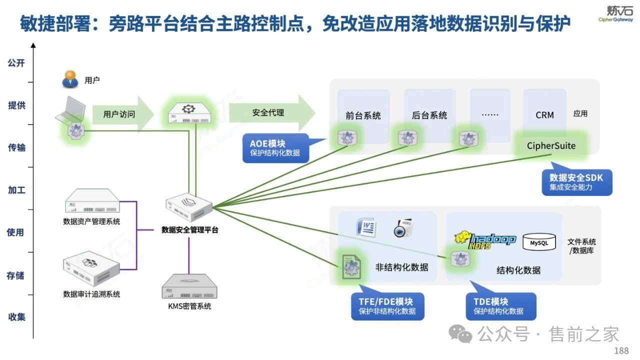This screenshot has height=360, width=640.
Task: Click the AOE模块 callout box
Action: coord(275,148)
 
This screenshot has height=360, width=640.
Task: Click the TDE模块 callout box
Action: coord(500,306)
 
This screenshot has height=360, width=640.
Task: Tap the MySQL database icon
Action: coord(538,242)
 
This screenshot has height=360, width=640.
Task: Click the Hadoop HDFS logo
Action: coord(485,240)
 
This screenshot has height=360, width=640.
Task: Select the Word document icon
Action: coord(366,228)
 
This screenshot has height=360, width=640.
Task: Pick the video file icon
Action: coord(402,228)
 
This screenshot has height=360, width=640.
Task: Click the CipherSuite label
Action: coord(551,146)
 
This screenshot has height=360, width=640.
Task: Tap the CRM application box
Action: coord(544,114)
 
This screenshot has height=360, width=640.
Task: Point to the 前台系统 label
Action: coord(363,115)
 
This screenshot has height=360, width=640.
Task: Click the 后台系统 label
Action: coord(429,115)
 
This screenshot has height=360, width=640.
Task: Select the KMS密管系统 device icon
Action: coord(189,286)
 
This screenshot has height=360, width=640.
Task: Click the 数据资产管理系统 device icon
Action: coord(92,202)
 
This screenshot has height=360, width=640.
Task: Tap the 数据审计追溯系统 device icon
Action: coord(92,270)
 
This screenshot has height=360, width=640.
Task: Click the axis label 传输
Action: coord(16,147)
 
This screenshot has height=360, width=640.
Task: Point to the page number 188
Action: coord(621,350)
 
